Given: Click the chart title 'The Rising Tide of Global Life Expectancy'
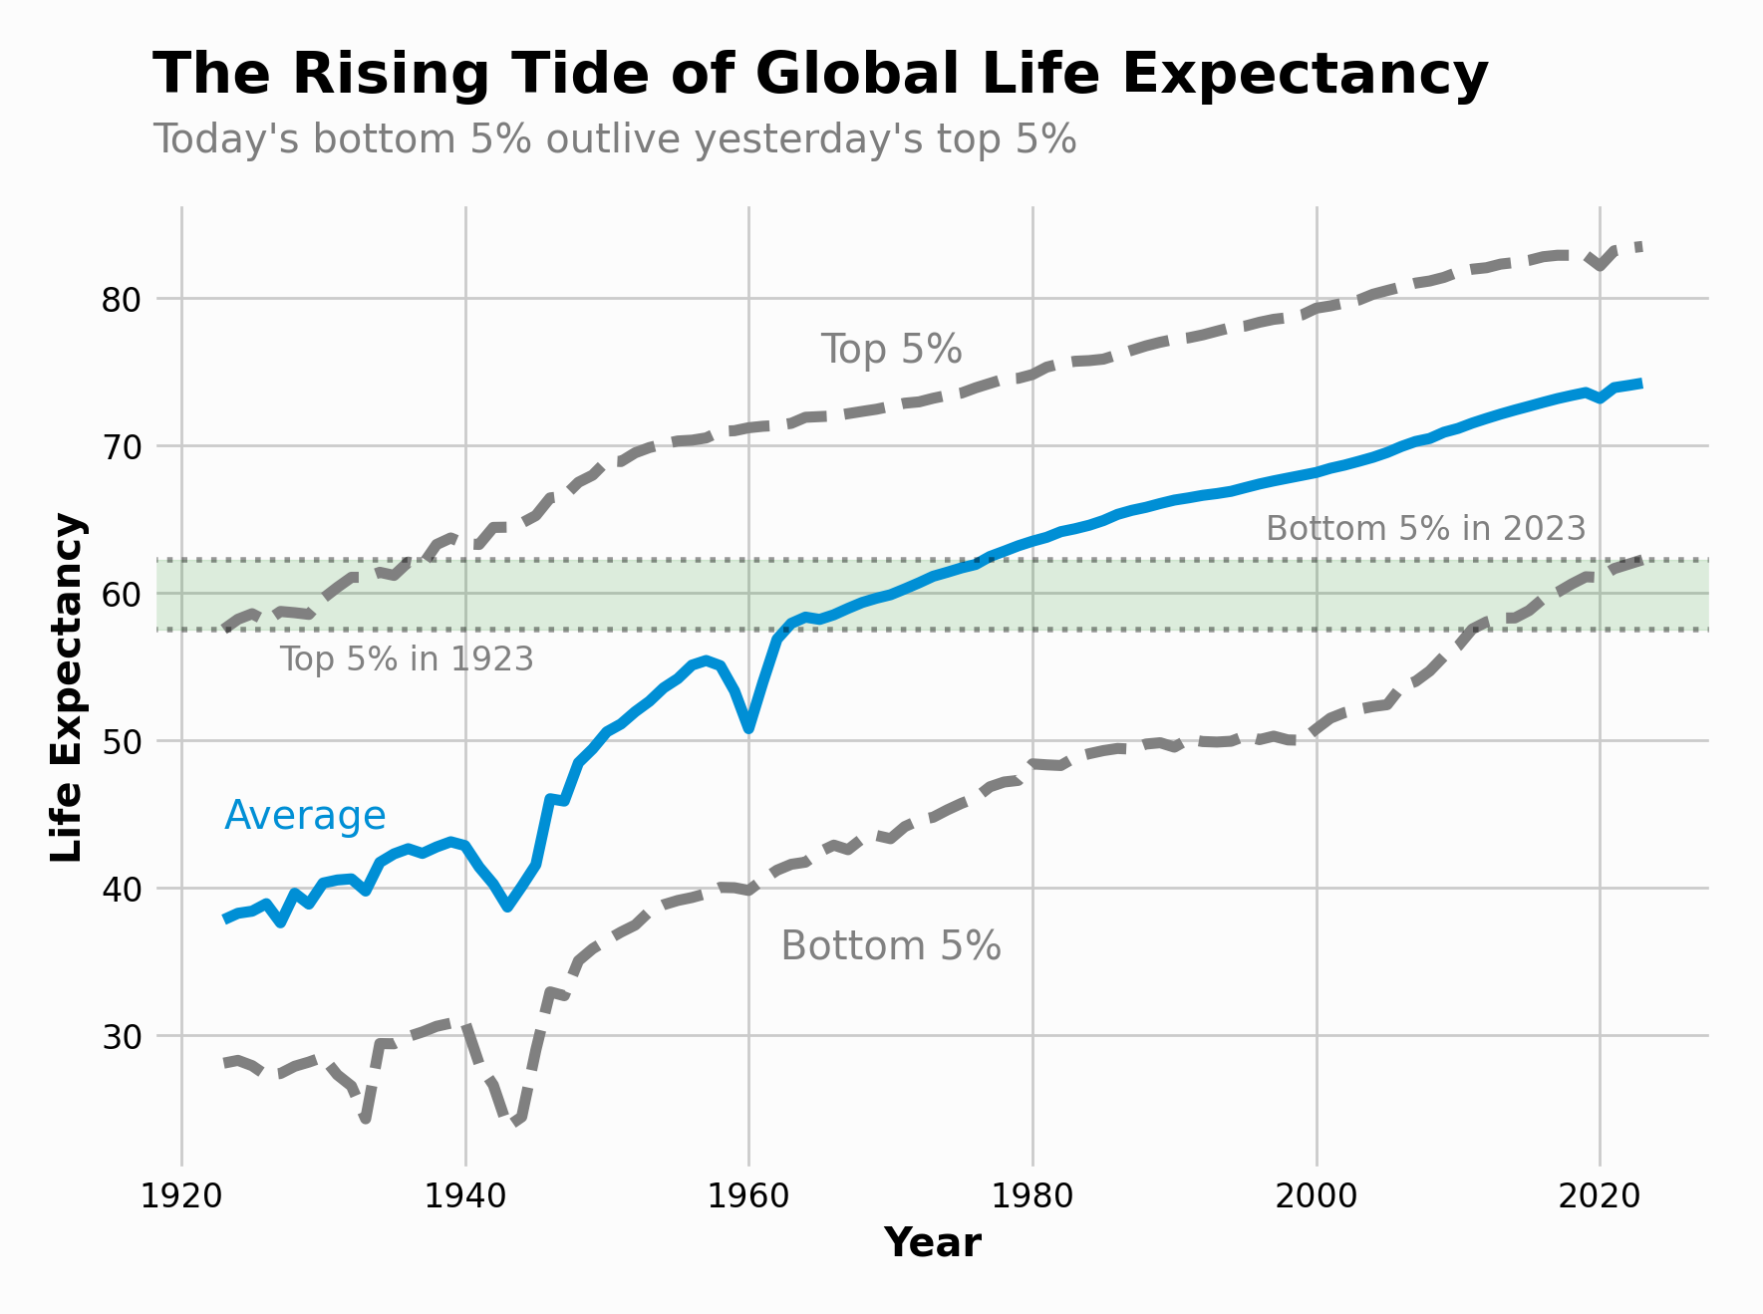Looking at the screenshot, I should click(819, 75).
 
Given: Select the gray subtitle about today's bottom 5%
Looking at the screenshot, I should click(614, 139).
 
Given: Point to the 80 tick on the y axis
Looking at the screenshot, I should click(122, 299).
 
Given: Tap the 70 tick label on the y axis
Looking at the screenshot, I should click(122, 446).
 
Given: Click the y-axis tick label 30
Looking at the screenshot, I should click(122, 1036).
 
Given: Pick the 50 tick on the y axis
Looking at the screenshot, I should click(122, 741).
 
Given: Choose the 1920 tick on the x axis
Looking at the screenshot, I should click(181, 1195).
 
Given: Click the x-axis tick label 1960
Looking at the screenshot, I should click(748, 1195).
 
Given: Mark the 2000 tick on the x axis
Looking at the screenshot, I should click(1316, 1195).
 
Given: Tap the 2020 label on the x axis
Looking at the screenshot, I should click(1600, 1195).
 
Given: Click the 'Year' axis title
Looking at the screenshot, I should click(932, 1243).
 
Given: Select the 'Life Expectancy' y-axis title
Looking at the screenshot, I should click(68, 687).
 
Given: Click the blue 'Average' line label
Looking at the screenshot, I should click(305, 816).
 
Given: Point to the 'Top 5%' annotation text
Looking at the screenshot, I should click(891, 350).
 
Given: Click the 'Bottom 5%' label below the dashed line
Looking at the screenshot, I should click(890, 945).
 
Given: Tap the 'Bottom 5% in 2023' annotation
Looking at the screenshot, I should click(1425, 528).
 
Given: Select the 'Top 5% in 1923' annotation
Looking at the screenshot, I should click(407, 659).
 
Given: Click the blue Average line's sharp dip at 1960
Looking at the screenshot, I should click(748, 728).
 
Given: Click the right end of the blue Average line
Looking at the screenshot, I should click(1640, 384).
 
